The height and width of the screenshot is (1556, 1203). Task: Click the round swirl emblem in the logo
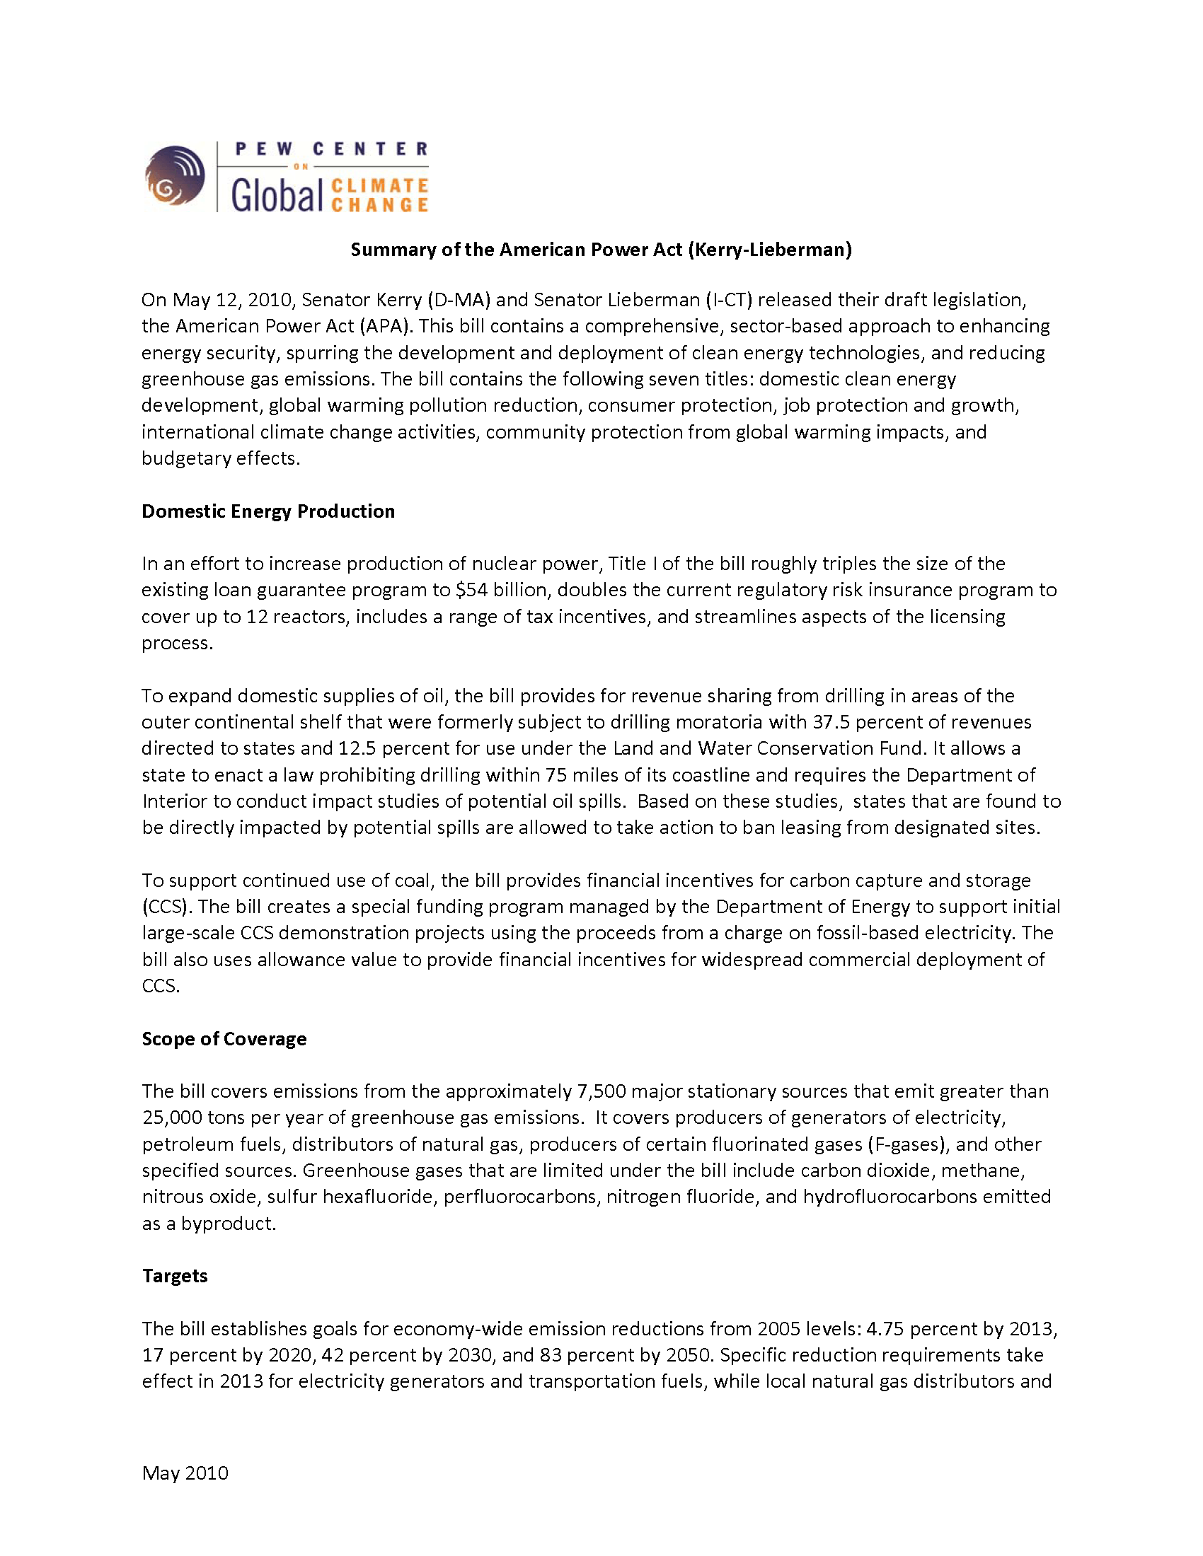[175, 176]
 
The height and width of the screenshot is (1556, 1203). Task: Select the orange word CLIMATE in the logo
[380, 185]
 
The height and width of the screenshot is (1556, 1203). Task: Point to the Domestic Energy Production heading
[268, 511]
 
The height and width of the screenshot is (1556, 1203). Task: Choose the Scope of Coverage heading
[224, 1039]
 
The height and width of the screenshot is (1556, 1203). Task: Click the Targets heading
[175, 1275]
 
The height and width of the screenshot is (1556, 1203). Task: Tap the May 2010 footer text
[185, 1473]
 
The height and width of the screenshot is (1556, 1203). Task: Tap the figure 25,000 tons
[172, 1117]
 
